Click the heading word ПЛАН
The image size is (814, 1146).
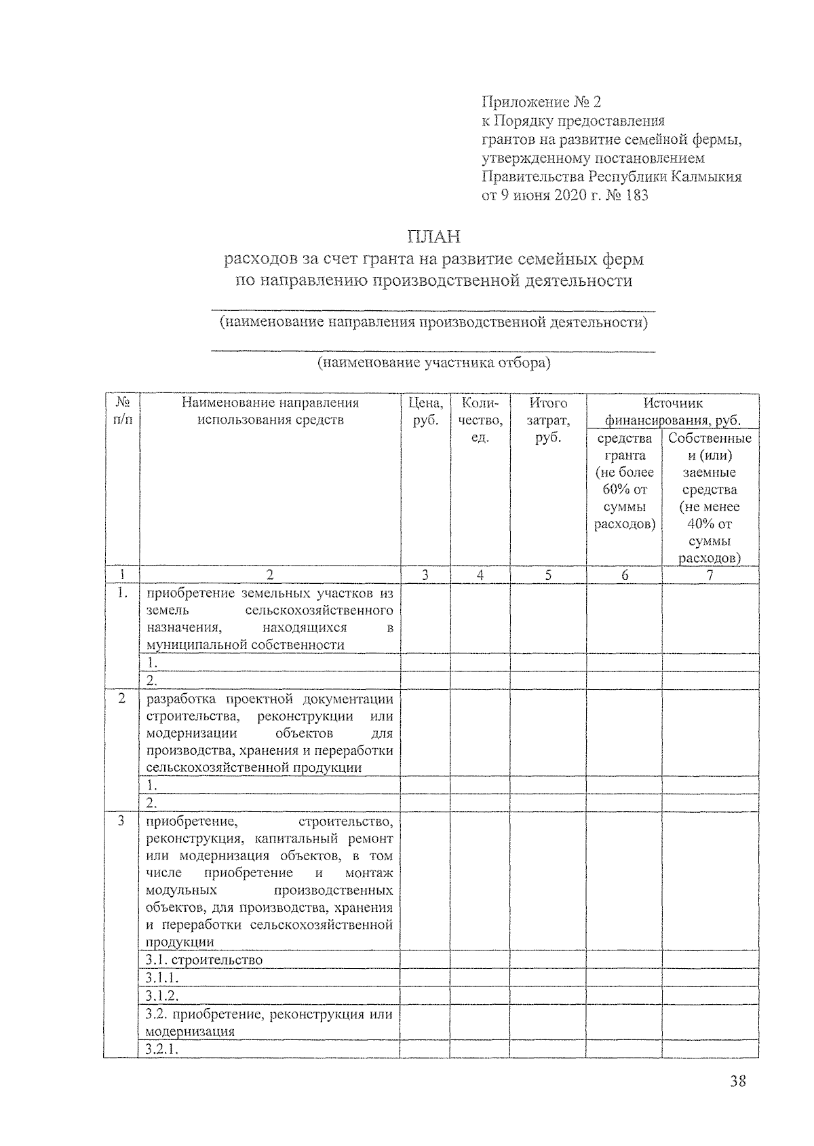[433, 237]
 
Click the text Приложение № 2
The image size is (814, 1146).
[541, 103]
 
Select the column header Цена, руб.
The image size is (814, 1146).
[425, 411]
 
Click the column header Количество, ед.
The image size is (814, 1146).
[480, 420]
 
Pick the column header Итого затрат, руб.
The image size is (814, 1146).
[547, 420]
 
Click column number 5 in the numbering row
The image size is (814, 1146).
[547, 575]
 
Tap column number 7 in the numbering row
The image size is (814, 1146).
[710, 575]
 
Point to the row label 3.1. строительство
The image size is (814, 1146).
[204, 959]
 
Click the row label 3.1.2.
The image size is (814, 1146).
[162, 995]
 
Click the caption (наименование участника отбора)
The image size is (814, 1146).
[433, 363]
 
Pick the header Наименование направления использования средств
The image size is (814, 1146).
[270, 411]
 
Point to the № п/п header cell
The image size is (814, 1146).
[122, 411]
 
